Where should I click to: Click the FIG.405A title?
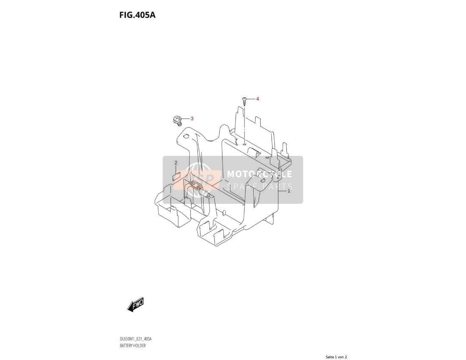[138, 15]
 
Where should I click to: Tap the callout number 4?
[257, 98]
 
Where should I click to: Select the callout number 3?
[192, 118]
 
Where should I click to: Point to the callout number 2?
[176, 163]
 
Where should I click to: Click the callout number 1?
[288, 191]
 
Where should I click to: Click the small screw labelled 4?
[244, 102]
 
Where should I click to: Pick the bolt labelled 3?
[177, 121]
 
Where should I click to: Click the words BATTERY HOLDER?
[132, 346]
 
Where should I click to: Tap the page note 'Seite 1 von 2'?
[336, 357]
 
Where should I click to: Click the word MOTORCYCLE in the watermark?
[259, 174]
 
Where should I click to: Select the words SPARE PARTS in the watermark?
[259, 187]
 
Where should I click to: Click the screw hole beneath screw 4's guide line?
[244, 144]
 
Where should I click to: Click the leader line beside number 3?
[185, 119]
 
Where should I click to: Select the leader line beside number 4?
[251, 98]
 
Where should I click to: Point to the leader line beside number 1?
[282, 191]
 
